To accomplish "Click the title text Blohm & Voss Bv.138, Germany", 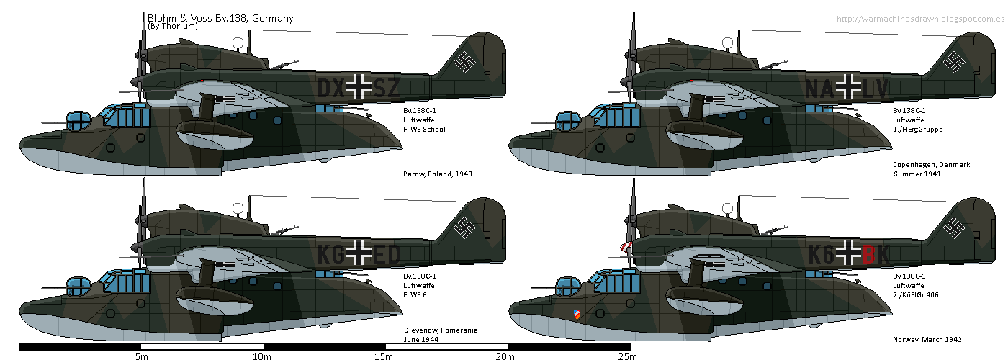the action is click(220, 18).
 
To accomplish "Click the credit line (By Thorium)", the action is click(173, 27).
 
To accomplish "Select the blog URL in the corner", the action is click(921, 19).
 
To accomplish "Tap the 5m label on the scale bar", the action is click(141, 356).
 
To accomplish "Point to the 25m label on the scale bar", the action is click(626, 356).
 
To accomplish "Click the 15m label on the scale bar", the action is click(384, 356).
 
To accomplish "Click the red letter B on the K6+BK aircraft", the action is click(869, 253).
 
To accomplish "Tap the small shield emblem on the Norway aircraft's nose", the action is click(576, 313).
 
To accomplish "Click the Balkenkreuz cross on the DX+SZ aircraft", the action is click(359, 88).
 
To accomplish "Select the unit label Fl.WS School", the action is click(424, 130).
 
